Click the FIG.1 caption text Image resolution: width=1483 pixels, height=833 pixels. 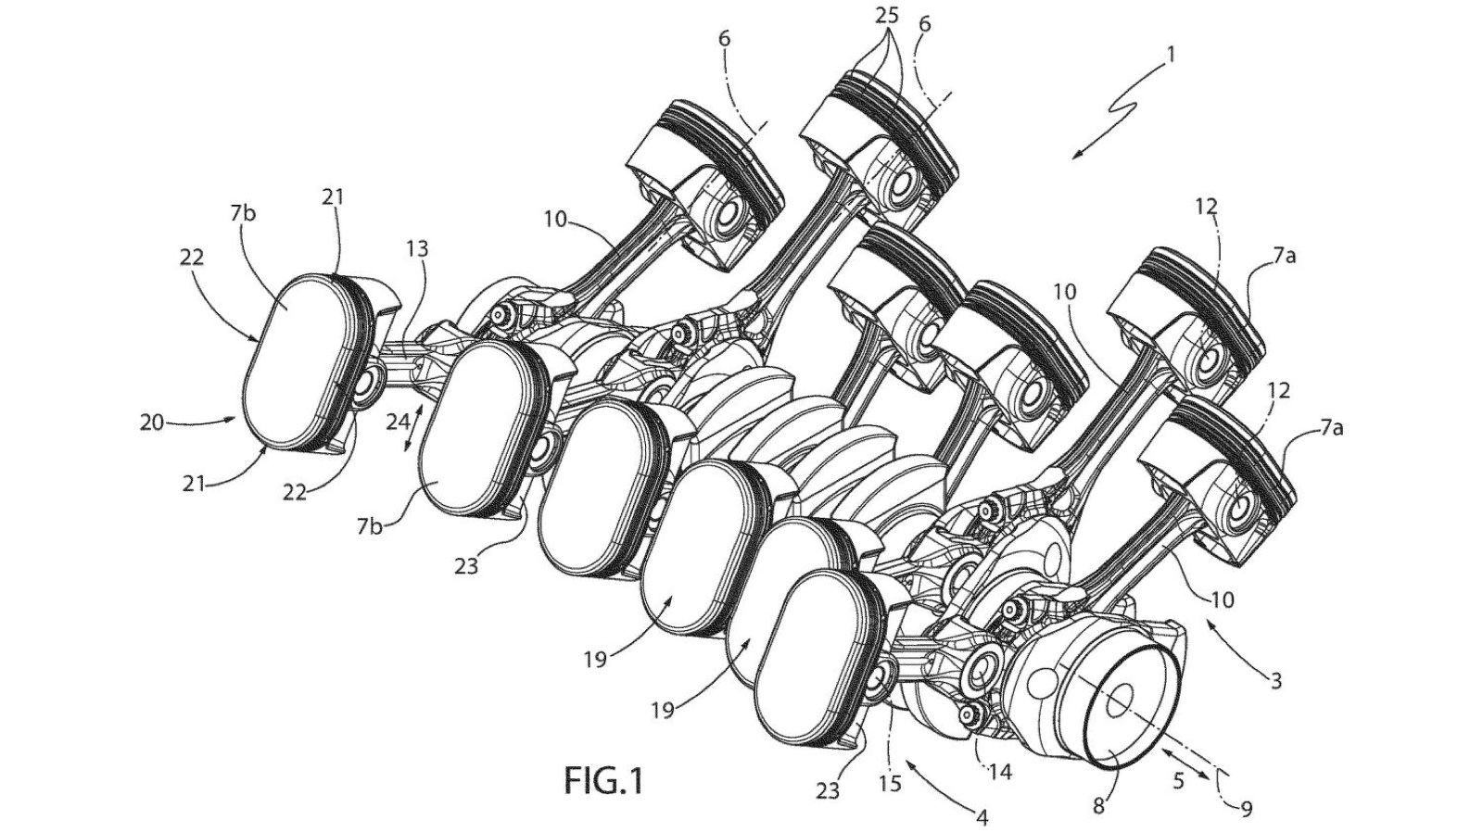click(x=602, y=781)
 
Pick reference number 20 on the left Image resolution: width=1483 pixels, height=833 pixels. click(x=151, y=423)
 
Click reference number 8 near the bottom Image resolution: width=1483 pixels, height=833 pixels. click(x=1098, y=806)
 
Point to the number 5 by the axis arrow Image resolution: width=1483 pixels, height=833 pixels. click(x=1178, y=781)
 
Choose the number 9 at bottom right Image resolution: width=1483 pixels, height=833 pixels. click(x=1246, y=809)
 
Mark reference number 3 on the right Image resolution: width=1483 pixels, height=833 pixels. click(x=1275, y=682)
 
